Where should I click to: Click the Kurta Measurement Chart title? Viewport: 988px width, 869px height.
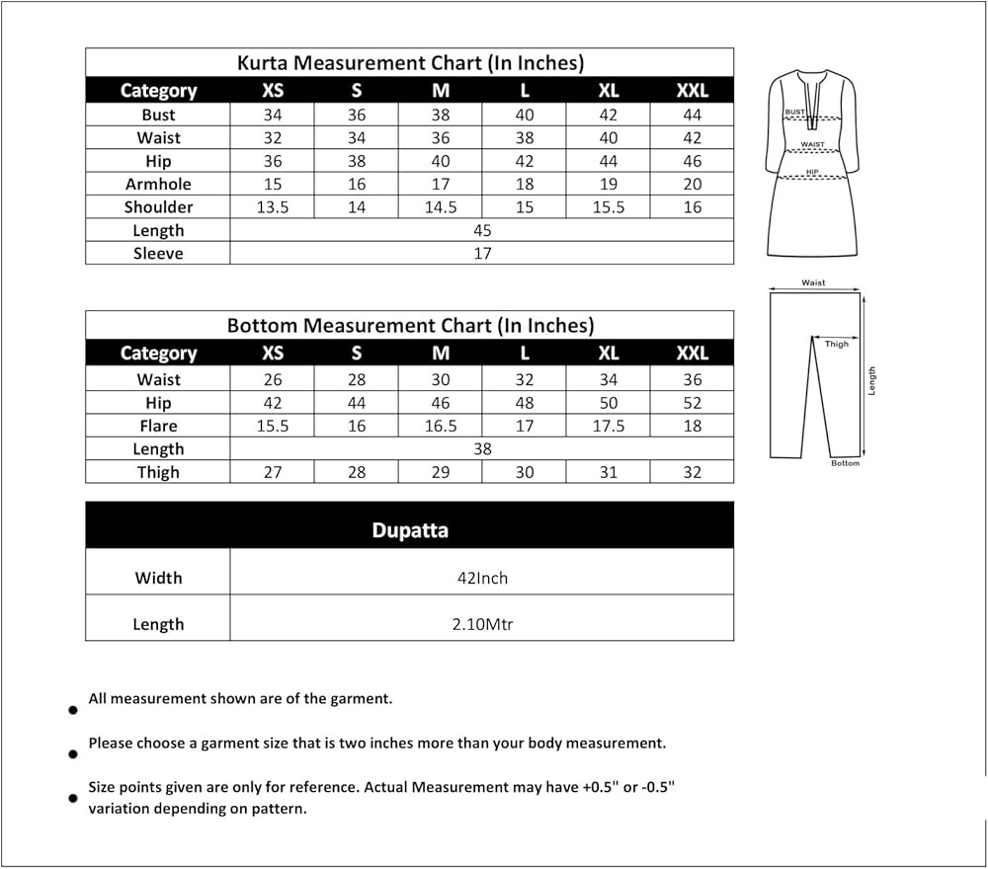(x=410, y=63)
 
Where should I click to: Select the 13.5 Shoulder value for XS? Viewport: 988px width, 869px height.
(x=273, y=207)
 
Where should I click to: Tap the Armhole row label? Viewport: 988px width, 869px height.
(x=158, y=184)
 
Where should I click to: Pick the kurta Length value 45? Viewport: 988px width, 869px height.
(x=482, y=230)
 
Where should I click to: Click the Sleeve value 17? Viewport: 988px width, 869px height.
(x=482, y=254)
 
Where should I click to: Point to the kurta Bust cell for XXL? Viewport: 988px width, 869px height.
(x=693, y=115)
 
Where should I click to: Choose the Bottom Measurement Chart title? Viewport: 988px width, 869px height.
(x=410, y=325)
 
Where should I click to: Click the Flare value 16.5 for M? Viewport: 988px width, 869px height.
(x=441, y=426)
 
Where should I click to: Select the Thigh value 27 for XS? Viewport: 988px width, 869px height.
(x=273, y=472)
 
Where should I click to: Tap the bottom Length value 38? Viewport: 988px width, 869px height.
(x=482, y=448)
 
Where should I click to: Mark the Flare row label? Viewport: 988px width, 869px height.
(x=158, y=426)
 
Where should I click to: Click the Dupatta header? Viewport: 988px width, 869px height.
(x=410, y=530)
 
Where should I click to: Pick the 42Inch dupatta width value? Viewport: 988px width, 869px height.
(x=482, y=578)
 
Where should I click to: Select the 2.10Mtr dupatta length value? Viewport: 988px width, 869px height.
(x=482, y=624)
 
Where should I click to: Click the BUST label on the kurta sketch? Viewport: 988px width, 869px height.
(x=794, y=113)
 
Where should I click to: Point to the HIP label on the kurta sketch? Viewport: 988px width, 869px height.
(x=812, y=172)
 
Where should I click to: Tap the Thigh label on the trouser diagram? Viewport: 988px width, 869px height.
(x=837, y=345)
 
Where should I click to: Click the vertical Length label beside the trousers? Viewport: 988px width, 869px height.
(x=872, y=380)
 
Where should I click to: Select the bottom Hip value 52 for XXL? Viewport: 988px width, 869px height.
(x=693, y=403)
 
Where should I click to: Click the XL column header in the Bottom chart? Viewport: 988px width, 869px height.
(x=609, y=354)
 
